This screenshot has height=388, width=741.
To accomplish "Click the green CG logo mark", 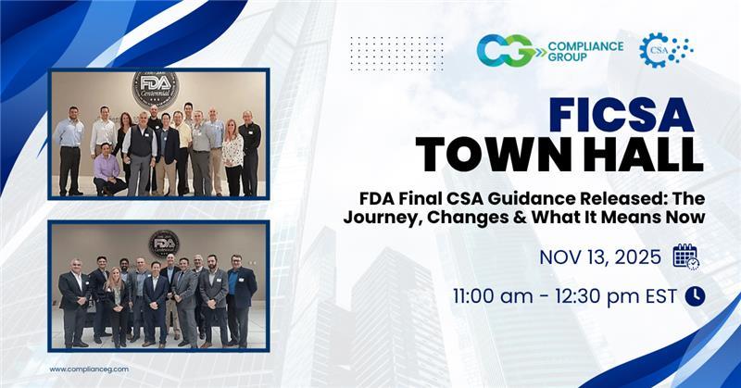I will click(x=505, y=49).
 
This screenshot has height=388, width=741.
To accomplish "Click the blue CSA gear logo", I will click(x=666, y=48).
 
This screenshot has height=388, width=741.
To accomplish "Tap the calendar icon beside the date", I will click(x=685, y=257).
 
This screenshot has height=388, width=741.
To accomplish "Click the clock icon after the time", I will click(x=694, y=296).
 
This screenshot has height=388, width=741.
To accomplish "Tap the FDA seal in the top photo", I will click(x=155, y=89).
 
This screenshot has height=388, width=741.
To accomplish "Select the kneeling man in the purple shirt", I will click(x=109, y=173).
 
